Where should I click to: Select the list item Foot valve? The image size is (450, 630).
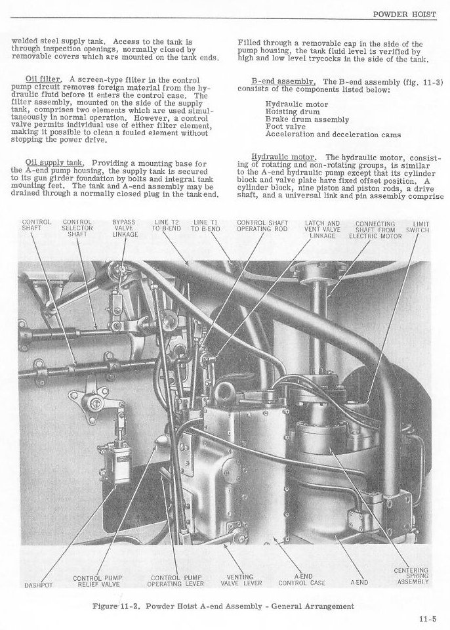(x=285, y=127)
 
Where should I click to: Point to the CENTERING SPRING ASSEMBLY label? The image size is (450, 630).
(x=413, y=576)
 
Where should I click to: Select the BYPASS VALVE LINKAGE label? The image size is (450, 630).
(x=124, y=228)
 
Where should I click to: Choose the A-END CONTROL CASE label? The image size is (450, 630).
(x=302, y=579)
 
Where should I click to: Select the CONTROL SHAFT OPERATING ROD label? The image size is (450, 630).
(x=260, y=225)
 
